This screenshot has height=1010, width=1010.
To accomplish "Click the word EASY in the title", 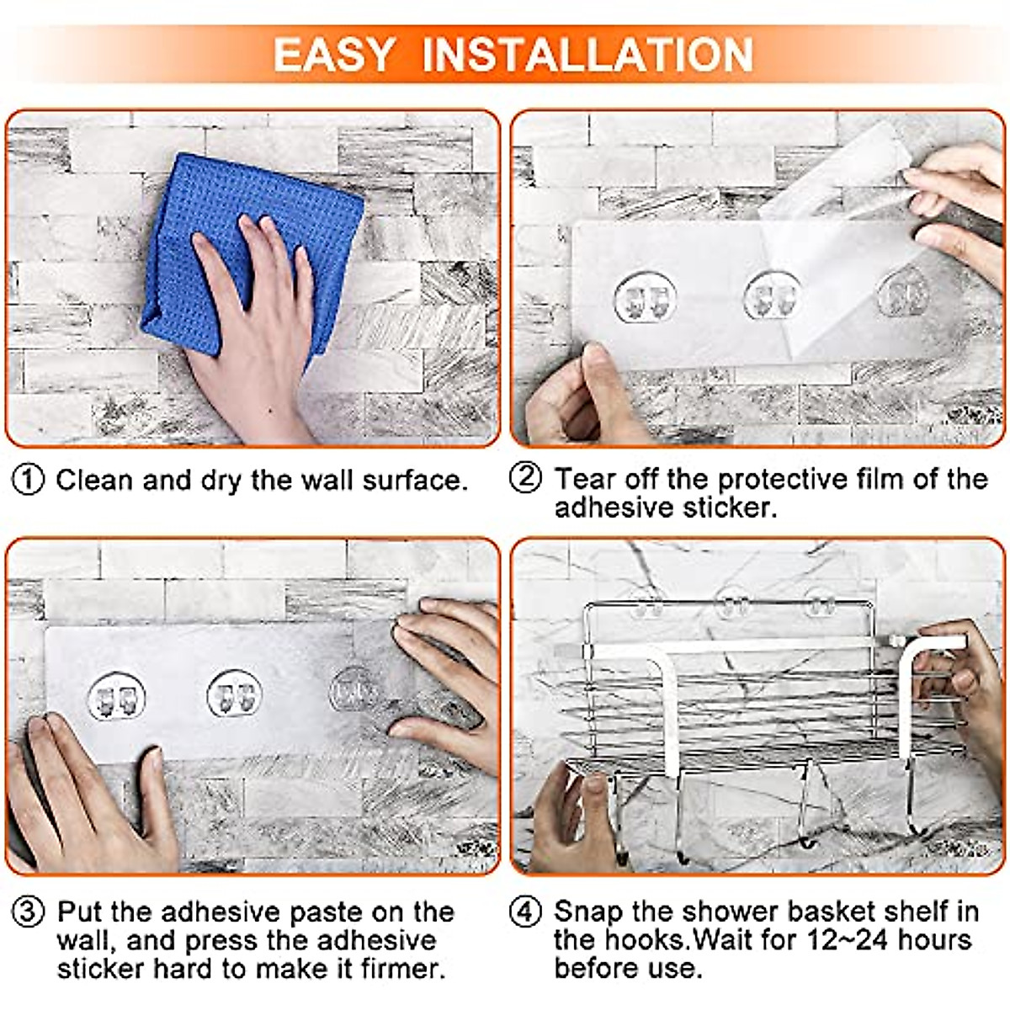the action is coord(334,55).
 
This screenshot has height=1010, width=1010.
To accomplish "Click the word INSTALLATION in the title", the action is coord(587,55).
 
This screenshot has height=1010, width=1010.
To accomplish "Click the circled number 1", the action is coord(28,480).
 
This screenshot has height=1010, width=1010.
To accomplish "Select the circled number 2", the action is coord(525,477).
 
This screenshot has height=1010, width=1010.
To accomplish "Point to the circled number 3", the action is coord(28,912).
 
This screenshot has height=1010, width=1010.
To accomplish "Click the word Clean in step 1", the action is coord(94,480).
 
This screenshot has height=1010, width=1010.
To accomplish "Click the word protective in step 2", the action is coord(783,480).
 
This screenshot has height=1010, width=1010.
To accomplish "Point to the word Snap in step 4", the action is coord(588,912).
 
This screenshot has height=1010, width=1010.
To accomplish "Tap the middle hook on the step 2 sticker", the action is coord(773,296).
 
